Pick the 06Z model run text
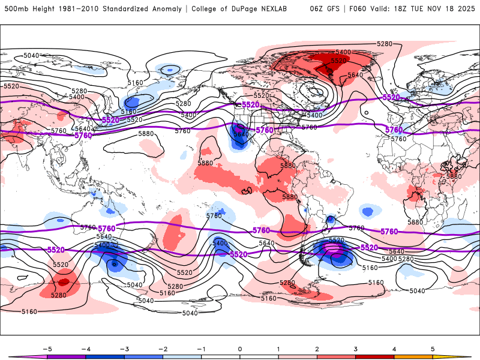pyautogui.click(x=317, y=9)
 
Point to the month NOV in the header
pyautogui.click(x=441, y=9)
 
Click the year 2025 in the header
pyautogui.click(x=466, y=9)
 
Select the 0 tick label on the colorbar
pyautogui.click(x=239, y=349)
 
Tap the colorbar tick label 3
pyautogui.click(x=356, y=349)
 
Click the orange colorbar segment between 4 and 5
pyautogui.click(x=413, y=356)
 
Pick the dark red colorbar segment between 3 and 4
pyautogui.click(x=375, y=356)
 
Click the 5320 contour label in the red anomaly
pyautogui.click(x=339, y=61)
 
